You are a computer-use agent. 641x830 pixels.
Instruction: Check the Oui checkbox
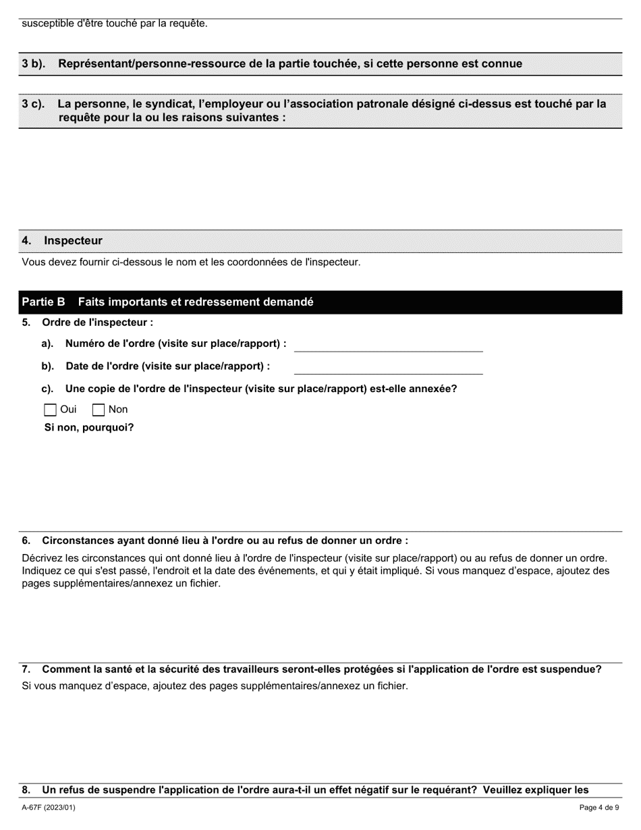[x=51, y=410]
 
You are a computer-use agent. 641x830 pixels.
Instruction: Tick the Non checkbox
[x=99, y=410]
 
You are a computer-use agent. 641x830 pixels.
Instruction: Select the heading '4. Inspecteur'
[x=62, y=241]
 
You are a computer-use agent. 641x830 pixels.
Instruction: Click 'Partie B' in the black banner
[x=43, y=302]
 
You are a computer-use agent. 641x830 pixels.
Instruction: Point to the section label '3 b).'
[x=33, y=64]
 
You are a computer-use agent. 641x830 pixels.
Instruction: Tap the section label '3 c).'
[x=33, y=104]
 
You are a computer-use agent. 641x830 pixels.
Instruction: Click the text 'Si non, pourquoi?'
[x=89, y=428]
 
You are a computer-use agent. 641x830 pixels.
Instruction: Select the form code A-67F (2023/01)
[x=49, y=808]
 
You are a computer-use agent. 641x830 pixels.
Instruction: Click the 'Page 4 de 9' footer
[x=598, y=808]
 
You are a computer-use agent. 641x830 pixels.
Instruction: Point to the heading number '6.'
[x=26, y=541]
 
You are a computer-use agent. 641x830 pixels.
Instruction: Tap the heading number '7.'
[x=26, y=669]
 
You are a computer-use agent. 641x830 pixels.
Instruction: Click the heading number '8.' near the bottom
[x=26, y=790]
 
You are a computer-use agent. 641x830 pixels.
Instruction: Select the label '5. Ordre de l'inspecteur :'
[x=88, y=323]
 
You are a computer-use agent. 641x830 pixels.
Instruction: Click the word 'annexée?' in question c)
[x=434, y=389]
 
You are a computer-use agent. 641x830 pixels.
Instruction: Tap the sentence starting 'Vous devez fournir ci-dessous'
[x=191, y=262]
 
